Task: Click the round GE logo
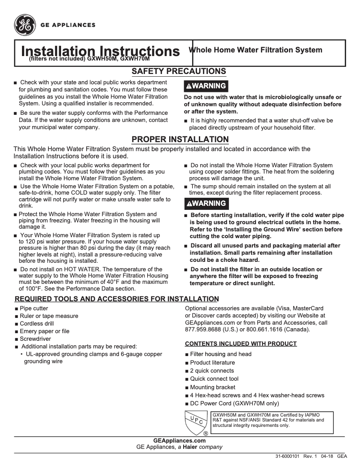pyautogui.click(x=25, y=25)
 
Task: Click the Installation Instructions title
pyautogui.click(x=101, y=51)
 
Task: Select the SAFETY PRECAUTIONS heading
pyautogui.click(x=178, y=71)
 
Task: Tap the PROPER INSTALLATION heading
pyautogui.click(x=180, y=139)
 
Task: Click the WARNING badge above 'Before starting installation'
pyautogui.click(x=206, y=204)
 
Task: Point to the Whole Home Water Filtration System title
pyautogui.click(x=255, y=50)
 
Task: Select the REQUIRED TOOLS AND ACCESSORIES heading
pyautogui.click(x=117, y=299)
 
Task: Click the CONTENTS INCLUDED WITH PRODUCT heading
pyautogui.click(x=241, y=344)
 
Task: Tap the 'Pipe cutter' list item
pyautogui.click(x=34, y=309)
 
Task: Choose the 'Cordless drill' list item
pyautogui.click(x=38, y=324)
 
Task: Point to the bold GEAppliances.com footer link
pyautogui.click(x=180, y=441)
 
